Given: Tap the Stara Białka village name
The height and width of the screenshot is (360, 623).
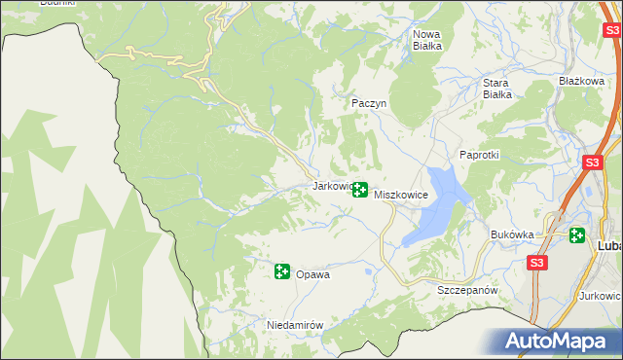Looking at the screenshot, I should (497, 89).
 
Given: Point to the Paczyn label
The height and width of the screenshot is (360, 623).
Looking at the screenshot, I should (369, 102).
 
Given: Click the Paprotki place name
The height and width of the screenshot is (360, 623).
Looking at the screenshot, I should (479, 156).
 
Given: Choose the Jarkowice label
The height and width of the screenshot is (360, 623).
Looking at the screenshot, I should (330, 185).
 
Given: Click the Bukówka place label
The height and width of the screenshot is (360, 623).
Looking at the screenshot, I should (513, 234).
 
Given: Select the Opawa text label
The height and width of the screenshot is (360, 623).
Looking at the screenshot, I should (312, 274).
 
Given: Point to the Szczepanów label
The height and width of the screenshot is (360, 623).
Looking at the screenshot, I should (467, 291).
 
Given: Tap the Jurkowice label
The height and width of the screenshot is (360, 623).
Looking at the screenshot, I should (600, 295).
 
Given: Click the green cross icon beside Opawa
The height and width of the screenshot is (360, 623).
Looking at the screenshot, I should (282, 271).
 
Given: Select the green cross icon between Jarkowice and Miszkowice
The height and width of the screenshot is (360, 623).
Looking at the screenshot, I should (359, 190).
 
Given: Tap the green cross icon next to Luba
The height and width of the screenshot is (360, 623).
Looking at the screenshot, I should (577, 235).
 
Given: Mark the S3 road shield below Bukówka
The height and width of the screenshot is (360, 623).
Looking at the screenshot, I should (537, 263).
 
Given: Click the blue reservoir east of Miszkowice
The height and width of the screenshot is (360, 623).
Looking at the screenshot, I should (436, 204).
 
